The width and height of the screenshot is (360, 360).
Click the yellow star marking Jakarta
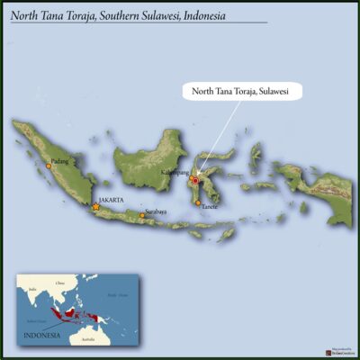[x=96, y=207]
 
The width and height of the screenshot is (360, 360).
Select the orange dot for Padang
[x=49, y=166]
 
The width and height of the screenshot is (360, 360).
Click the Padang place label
[x=60, y=161]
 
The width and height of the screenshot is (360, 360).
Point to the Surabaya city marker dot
[x=141, y=215]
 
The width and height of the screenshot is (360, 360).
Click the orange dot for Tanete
[x=198, y=203]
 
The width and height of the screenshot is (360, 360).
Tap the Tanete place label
[x=210, y=207]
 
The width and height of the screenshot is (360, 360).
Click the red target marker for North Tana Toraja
[x=193, y=181]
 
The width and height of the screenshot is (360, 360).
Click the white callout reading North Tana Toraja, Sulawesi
[x=241, y=91]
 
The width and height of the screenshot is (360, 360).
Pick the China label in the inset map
[x=60, y=283]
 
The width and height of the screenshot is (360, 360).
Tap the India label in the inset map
[x=32, y=289]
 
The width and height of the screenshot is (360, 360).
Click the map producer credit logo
[x=341, y=352]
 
